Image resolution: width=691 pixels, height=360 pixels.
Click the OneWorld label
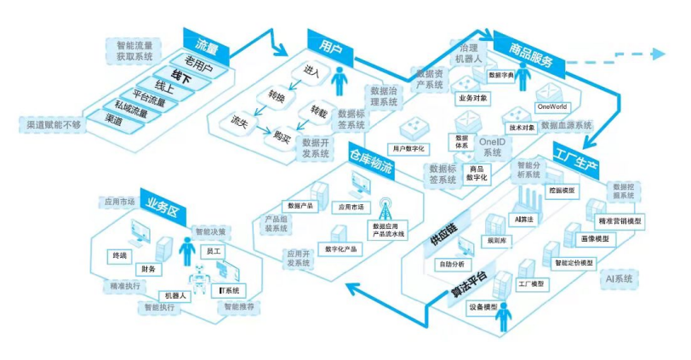tap(551, 107)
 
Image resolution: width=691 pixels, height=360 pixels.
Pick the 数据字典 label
tap(501, 74)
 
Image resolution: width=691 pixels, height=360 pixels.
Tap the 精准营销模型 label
tap(620, 220)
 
